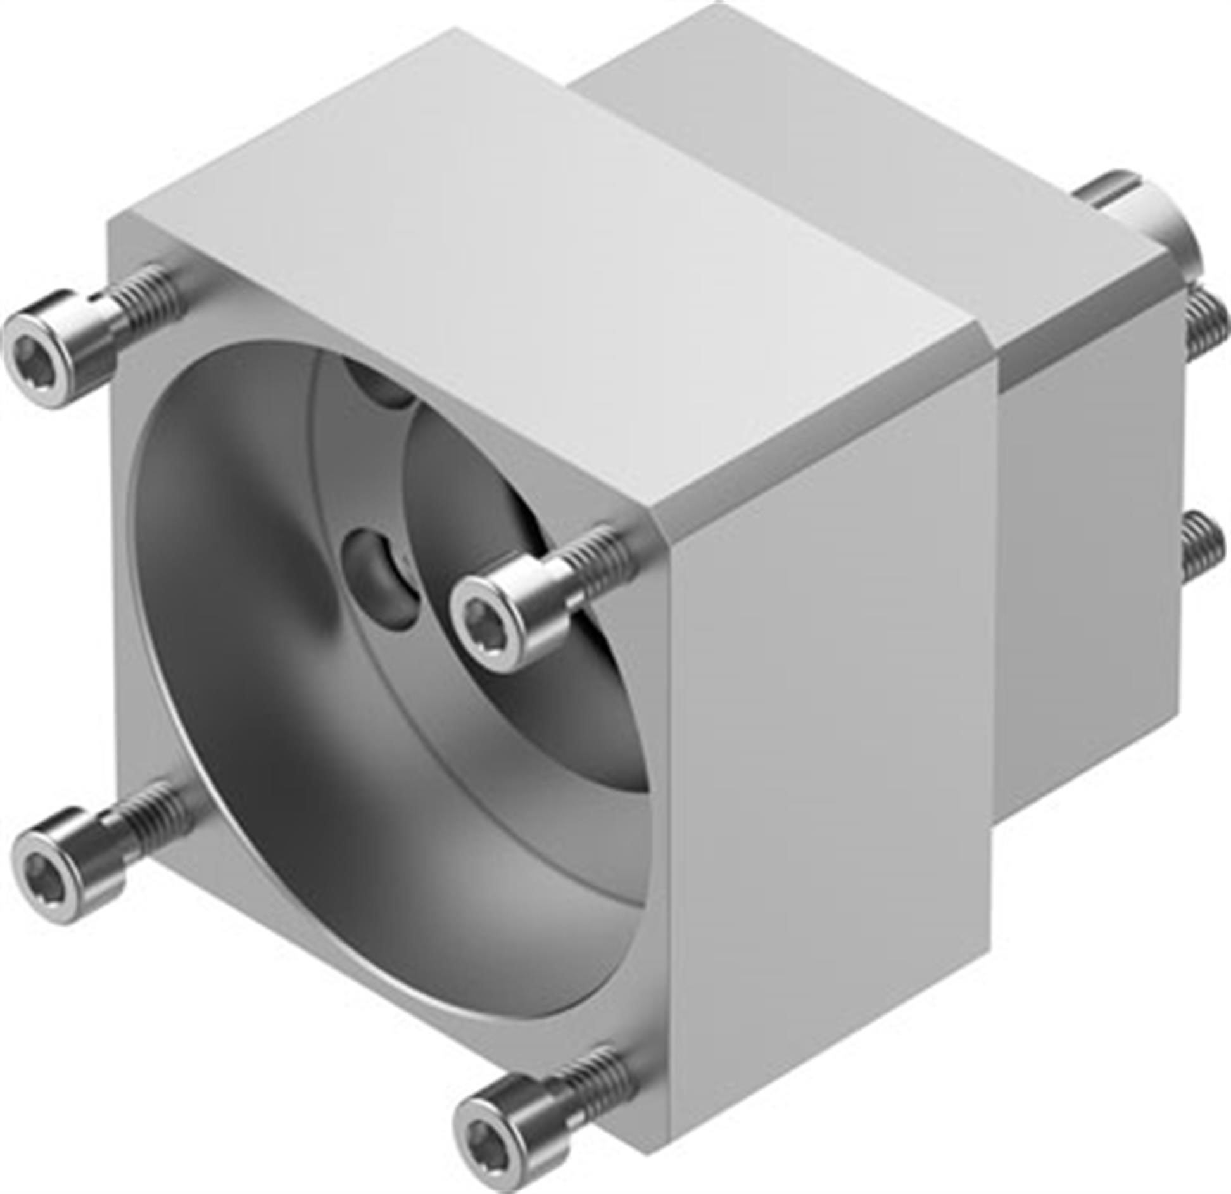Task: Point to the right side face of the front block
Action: (830, 760)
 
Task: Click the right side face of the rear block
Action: (1089, 570)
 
